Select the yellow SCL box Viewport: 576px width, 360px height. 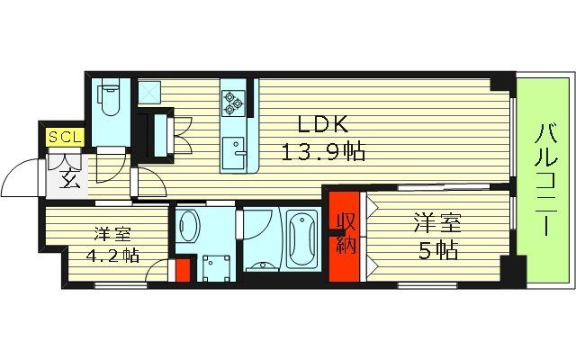(x=65, y=138)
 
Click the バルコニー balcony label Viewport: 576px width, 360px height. (x=545, y=180)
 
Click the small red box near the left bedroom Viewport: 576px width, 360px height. (x=183, y=269)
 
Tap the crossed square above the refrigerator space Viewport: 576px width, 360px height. (x=148, y=92)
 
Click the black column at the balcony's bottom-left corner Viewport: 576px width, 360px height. (x=512, y=268)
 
